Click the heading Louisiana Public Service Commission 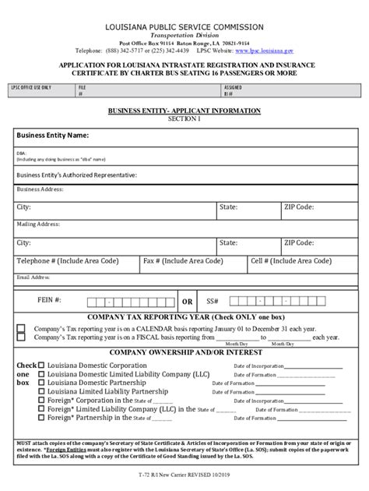184,26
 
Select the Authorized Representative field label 76,175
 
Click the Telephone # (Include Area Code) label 70,261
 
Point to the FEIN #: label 50,300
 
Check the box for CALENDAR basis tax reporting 21,328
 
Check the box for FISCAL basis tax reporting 21,337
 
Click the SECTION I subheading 184,118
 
